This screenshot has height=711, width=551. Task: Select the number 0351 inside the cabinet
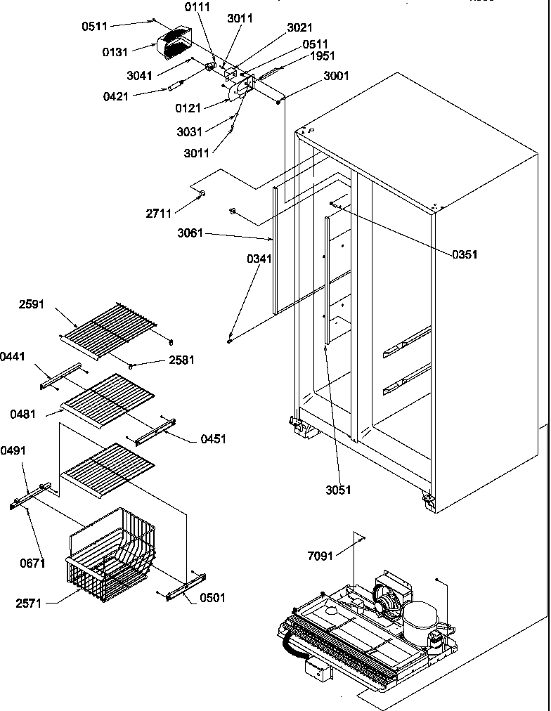[x=465, y=254]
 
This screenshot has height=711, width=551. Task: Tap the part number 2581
[x=181, y=360]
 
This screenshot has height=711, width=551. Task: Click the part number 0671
[x=32, y=563]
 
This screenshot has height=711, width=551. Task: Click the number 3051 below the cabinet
[x=338, y=490]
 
